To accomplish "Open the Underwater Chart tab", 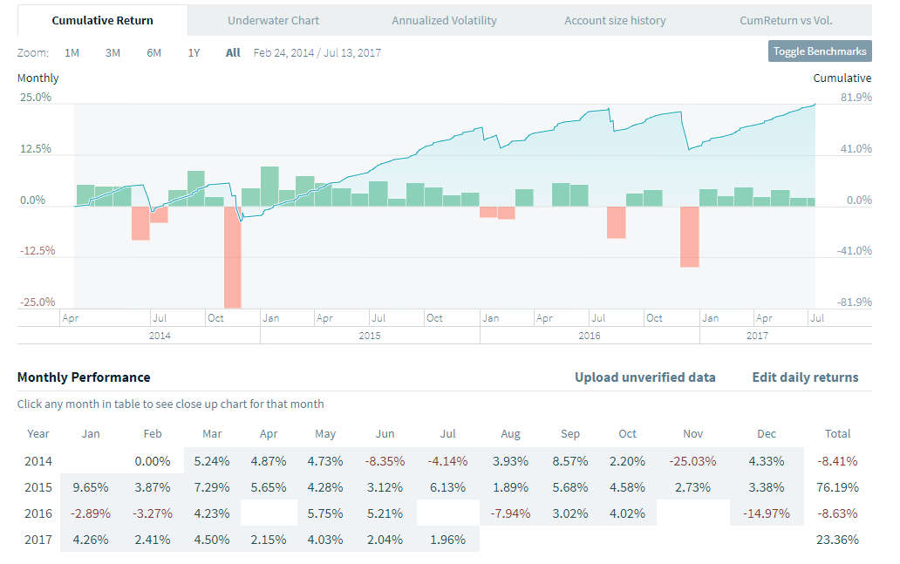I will coord(273,20).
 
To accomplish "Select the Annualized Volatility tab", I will coord(444,20).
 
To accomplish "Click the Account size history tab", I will coord(614,20).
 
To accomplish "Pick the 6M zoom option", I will coord(153,52).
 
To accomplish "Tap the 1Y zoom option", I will coord(194,52).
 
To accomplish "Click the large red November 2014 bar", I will coord(232,256).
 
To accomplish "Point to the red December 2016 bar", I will coord(690,236).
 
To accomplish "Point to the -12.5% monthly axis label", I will coord(35,251).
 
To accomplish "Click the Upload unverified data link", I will coord(644,377).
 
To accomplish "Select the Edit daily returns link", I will coord(805,377).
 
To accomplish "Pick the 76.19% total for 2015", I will coord(839,487).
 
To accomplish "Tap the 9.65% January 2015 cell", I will coord(91,487).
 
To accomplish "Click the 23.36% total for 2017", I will coord(839,540).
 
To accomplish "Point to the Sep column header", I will coord(571,434).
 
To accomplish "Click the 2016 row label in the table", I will coord(38,513).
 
